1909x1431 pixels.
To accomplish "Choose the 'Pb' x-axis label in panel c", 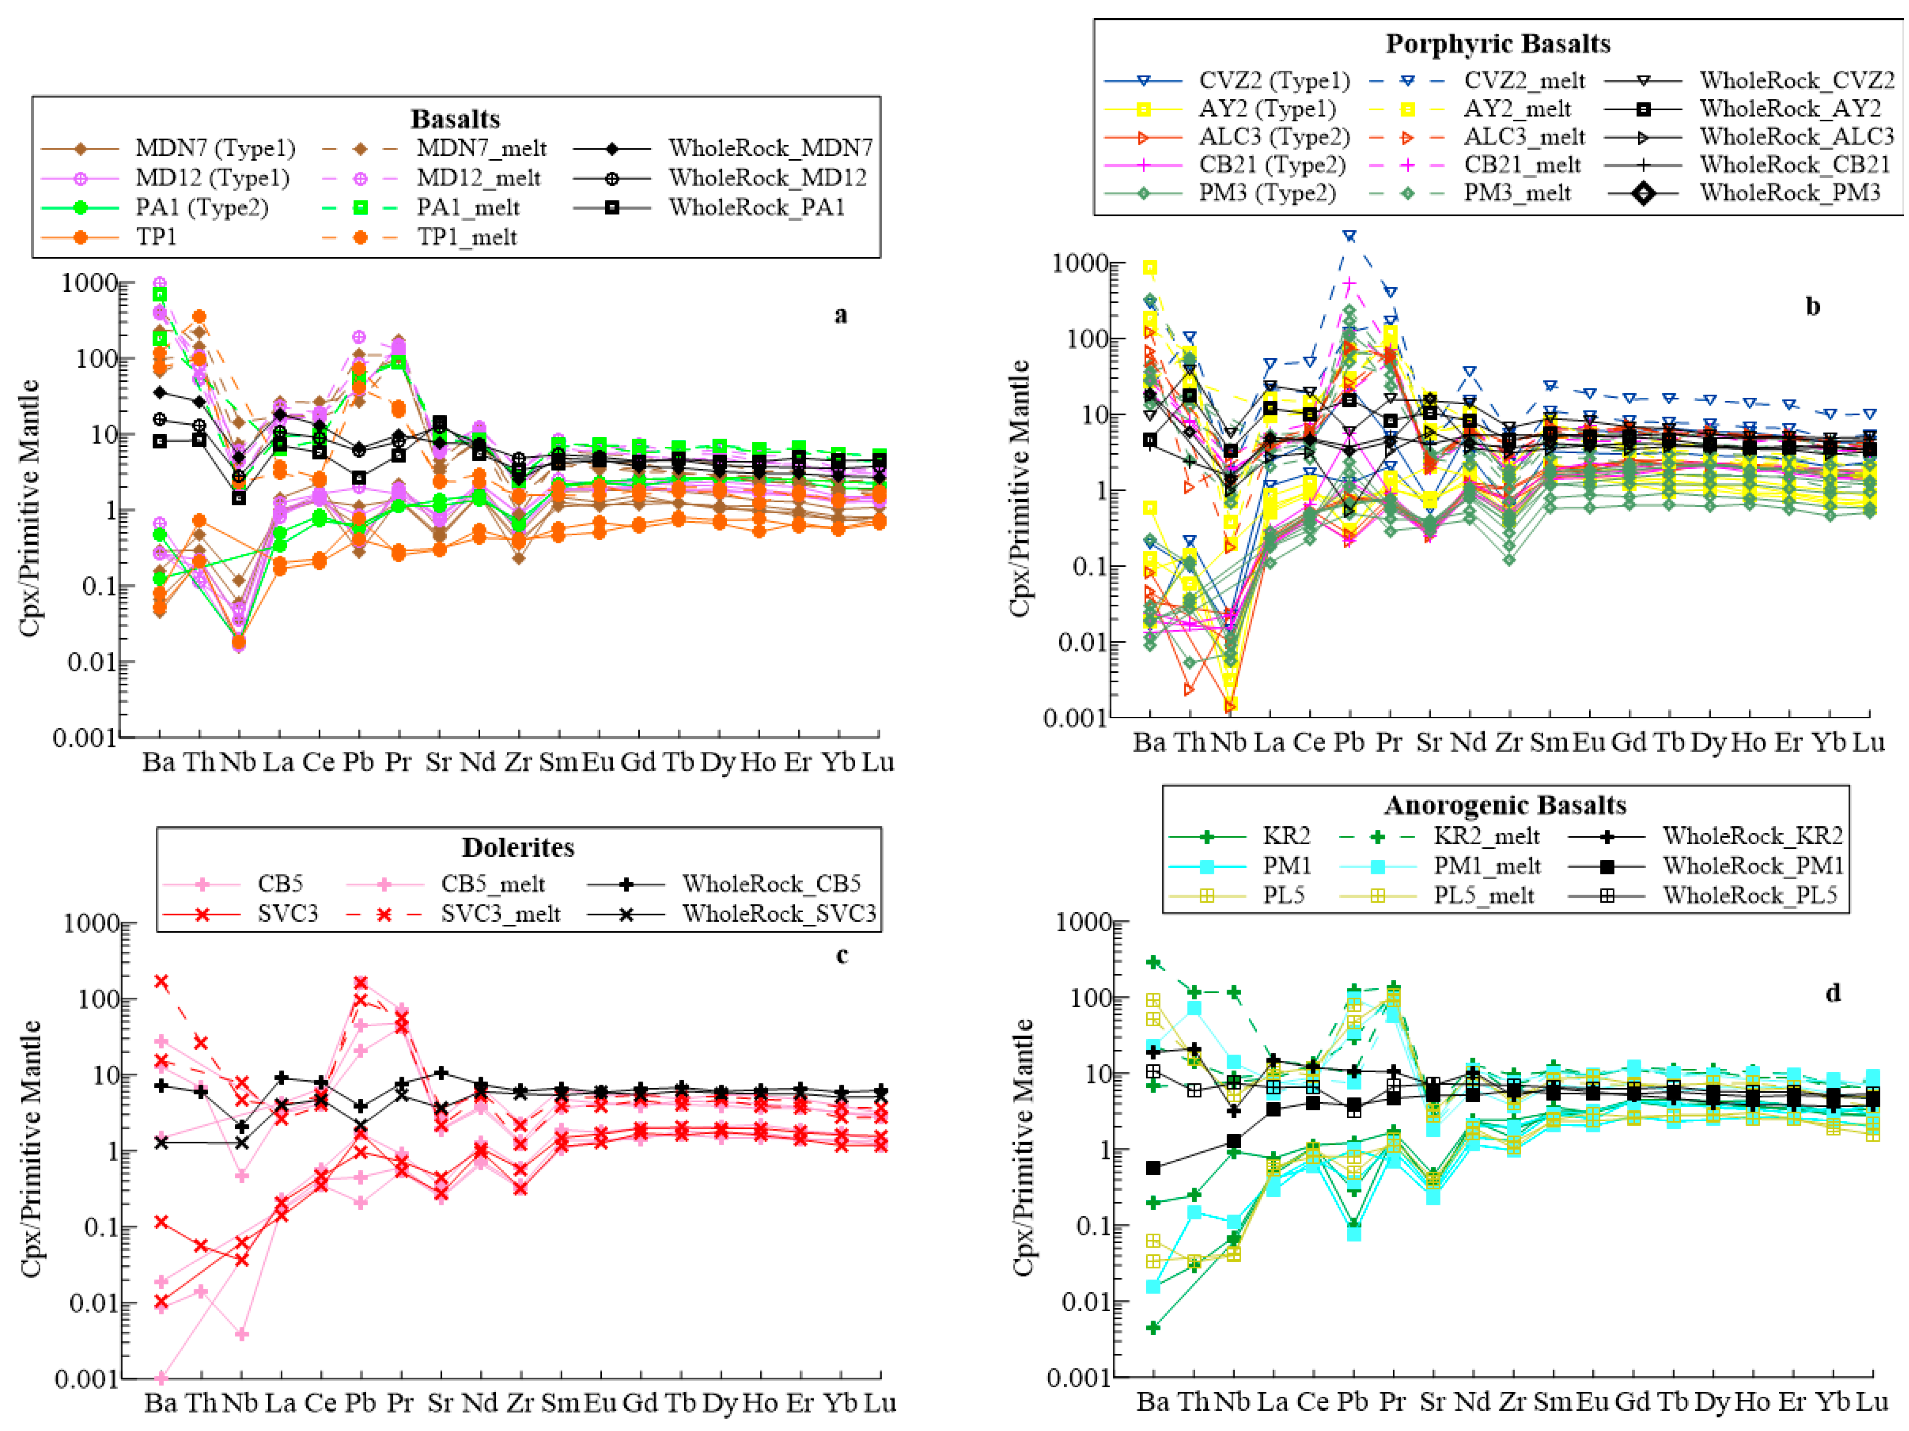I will (360, 1403).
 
